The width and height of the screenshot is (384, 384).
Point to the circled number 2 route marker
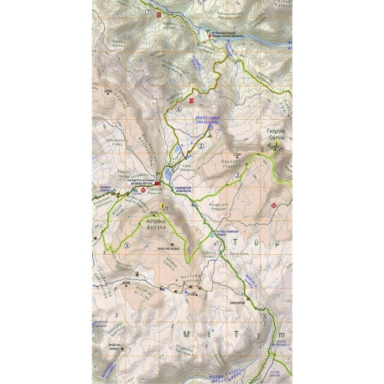[201, 147]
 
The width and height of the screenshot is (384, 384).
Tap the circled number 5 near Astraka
[127, 245]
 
